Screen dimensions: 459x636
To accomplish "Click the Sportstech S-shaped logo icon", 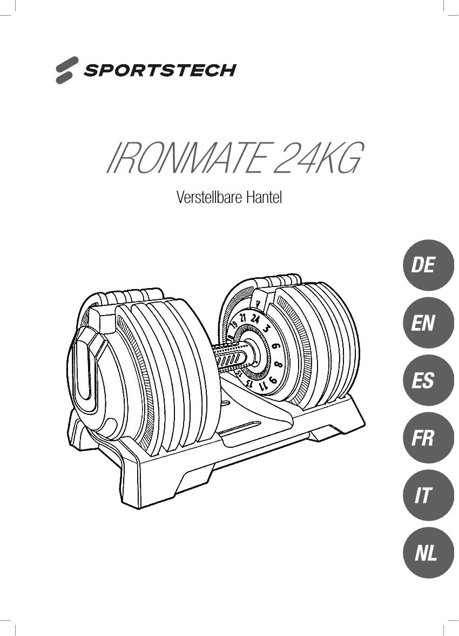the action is [66, 70].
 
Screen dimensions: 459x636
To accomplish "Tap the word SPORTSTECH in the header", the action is [159, 70].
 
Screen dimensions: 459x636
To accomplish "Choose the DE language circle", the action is [428, 265].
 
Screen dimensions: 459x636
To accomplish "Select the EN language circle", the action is [428, 323].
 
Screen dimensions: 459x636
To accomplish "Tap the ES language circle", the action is [428, 380].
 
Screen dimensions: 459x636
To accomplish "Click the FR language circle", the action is [428, 438].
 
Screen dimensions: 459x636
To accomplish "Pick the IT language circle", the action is [428, 495].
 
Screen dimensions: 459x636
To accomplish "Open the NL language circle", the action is [428, 553].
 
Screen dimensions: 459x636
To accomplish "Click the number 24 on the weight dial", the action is [255, 319].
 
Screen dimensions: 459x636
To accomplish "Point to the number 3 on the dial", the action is [266, 329].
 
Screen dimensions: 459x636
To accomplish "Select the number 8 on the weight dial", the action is [279, 364].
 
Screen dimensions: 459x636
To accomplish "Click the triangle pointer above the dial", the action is [257, 302].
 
